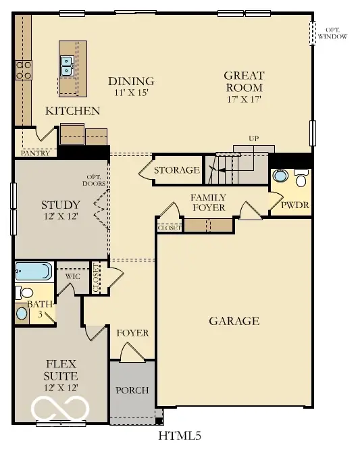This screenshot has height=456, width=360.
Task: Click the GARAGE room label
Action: (234, 321)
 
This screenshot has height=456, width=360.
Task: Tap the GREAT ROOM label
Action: (244, 82)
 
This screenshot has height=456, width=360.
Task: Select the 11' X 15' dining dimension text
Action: (131, 93)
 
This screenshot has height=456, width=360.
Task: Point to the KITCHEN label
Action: (73, 111)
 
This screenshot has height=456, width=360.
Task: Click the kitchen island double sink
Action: (68, 66)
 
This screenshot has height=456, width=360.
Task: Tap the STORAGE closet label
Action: (176, 170)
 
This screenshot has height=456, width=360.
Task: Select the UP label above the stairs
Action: (253, 138)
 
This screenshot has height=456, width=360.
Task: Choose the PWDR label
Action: (296, 203)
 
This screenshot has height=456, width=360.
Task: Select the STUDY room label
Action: (61, 205)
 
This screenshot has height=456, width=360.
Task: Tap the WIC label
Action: (73, 276)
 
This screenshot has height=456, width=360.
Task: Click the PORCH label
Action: (132, 390)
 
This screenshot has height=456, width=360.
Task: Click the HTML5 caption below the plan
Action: (180, 436)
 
